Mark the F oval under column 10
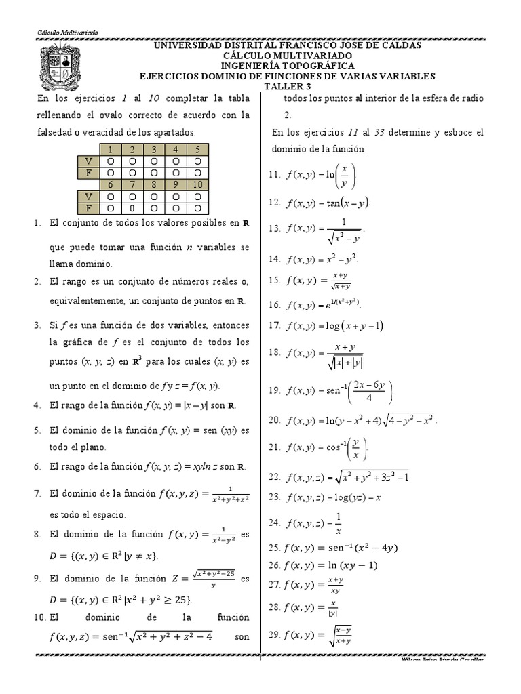[197, 208]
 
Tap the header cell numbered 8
[155, 184]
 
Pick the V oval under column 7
[133, 197]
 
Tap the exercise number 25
[275, 548]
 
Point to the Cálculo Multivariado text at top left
[58, 33]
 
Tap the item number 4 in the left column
[37, 405]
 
